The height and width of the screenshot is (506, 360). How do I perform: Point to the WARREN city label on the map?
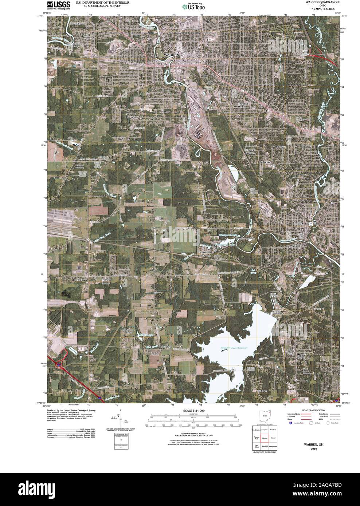pos(172,54)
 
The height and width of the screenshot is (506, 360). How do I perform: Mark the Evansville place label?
pos(316,309)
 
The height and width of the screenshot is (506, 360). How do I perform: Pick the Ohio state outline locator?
pos(265,416)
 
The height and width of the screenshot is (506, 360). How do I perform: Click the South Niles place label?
pos(294,247)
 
